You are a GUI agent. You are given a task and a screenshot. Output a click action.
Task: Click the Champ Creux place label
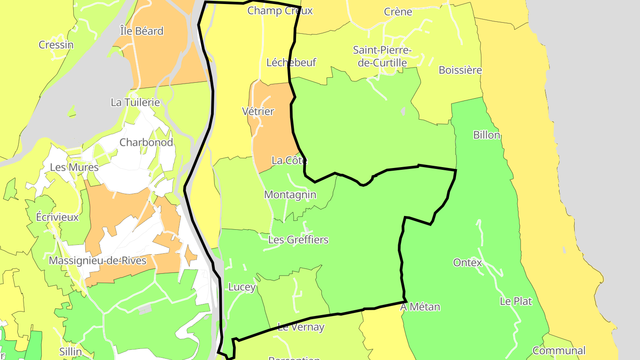tap(280, 11)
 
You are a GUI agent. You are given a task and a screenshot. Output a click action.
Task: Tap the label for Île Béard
tap(142, 31)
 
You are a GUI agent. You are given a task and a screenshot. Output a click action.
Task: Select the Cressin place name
tap(56, 45)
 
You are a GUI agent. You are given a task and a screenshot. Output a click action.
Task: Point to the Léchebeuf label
tap(291, 63)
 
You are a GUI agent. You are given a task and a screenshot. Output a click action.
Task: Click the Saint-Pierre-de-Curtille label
tap(382, 56)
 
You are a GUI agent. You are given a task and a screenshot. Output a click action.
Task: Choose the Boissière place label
tap(460, 70)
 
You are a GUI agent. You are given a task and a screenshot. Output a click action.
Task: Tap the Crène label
tap(398, 12)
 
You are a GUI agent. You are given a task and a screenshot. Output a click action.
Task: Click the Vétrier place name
tap(258, 111)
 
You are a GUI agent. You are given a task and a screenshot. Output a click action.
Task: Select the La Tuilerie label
tap(135, 102)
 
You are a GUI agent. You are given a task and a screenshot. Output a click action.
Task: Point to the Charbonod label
tap(146, 143)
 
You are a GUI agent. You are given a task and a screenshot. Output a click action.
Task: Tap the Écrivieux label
tap(57, 217)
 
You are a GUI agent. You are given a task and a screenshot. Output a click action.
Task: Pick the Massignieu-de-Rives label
tap(97, 260)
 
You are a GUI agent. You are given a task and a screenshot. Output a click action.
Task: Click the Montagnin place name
tap(290, 195)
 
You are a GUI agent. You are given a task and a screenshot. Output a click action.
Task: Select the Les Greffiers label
tap(298, 240)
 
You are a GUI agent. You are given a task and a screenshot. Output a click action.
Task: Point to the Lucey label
tap(242, 287)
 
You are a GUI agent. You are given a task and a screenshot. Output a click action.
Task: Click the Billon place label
tap(487, 135)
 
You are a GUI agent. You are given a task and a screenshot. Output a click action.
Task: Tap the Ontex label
tap(468, 263)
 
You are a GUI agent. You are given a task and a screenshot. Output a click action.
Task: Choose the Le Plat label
tap(516, 301)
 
